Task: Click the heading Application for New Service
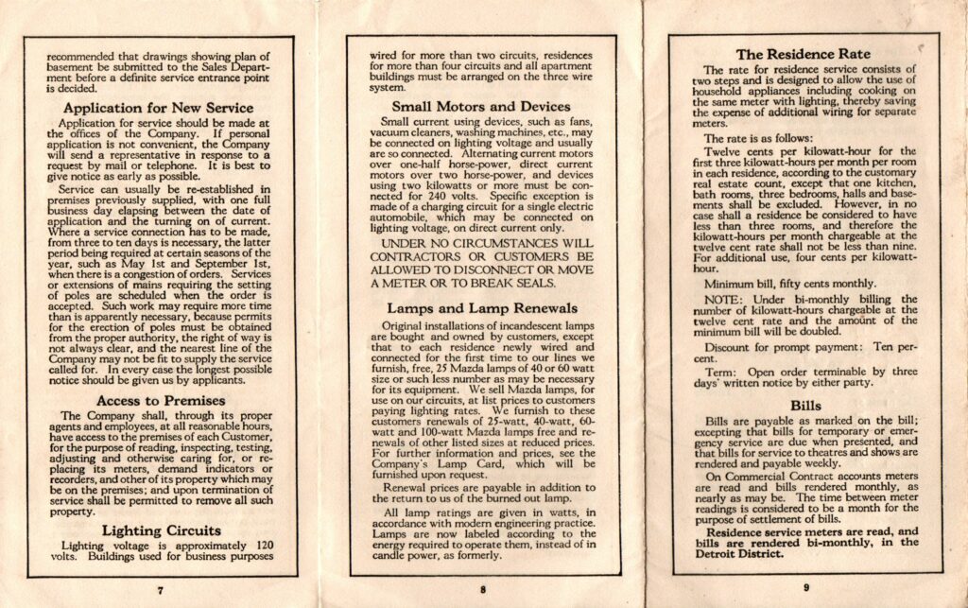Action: tap(159, 108)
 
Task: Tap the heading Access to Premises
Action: tap(159, 400)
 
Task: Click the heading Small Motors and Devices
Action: tap(481, 106)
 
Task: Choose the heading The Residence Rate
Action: tap(804, 54)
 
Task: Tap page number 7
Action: tap(160, 589)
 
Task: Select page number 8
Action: tap(482, 589)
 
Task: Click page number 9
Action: tap(804, 589)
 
